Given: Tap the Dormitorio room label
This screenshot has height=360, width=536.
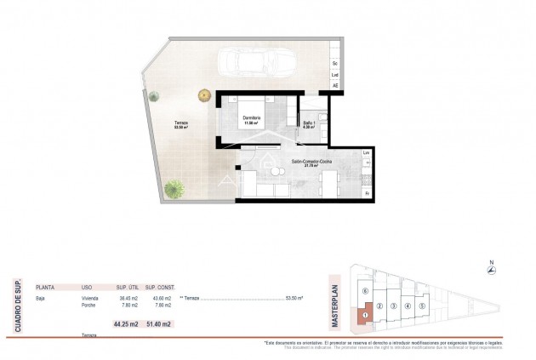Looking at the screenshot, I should (251, 119).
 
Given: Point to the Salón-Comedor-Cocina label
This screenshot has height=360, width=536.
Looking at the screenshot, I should (312, 162).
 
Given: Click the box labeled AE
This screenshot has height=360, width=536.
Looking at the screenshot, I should (335, 86).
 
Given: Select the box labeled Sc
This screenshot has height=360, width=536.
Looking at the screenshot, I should (335, 64).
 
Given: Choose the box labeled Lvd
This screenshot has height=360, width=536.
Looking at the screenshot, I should (335, 75).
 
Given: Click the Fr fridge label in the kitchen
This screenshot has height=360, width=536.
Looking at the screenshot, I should (367, 194).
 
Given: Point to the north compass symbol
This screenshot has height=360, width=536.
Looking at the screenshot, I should (490, 269).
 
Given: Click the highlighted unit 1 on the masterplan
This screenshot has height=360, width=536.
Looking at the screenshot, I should (364, 316).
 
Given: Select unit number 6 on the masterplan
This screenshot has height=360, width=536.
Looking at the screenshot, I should (365, 291).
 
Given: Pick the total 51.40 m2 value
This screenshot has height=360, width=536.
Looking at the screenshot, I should (159, 324).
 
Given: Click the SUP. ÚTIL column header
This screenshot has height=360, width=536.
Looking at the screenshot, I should (126, 288).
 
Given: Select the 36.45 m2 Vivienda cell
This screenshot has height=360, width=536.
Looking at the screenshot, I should (128, 299).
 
